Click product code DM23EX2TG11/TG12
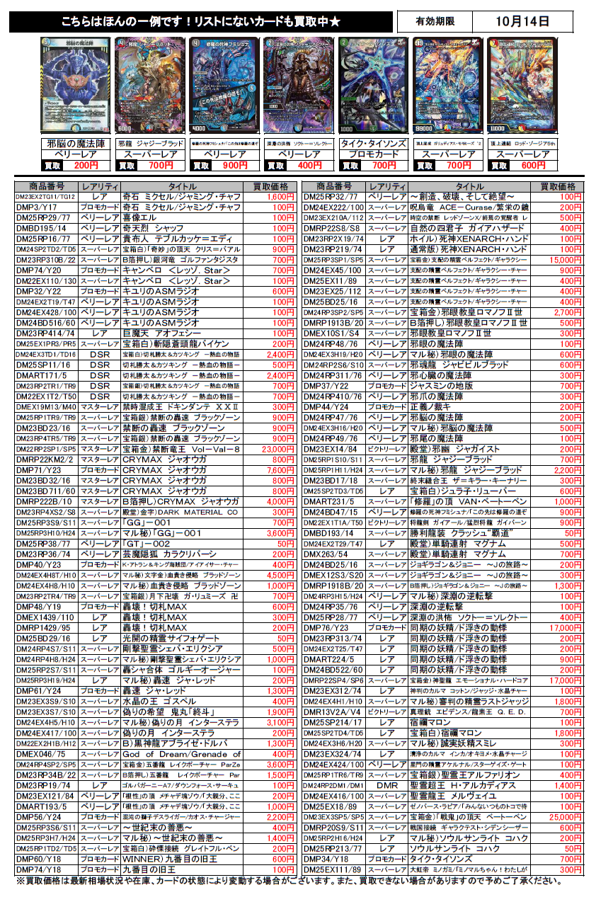tap(46, 197)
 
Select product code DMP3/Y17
tap(46, 207)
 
